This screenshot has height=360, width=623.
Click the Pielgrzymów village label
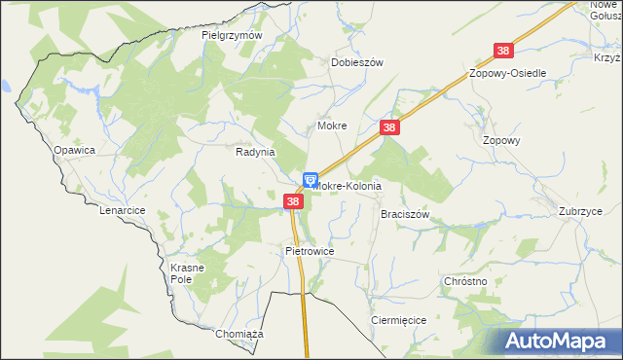(x=233, y=35)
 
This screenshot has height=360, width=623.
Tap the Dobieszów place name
(x=357, y=61)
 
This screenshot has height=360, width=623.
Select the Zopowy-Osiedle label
(x=507, y=74)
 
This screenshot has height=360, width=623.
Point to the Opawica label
(x=74, y=150)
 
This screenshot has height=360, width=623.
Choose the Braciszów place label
(x=405, y=213)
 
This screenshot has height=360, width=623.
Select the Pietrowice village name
(x=310, y=251)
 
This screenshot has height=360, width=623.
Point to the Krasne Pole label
(x=185, y=273)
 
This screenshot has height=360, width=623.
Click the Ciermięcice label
(x=398, y=319)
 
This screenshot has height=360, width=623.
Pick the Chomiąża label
(x=239, y=334)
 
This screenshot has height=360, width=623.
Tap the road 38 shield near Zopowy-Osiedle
(x=503, y=51)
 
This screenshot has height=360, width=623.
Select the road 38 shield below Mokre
(x=389, y=127)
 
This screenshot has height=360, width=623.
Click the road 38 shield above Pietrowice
(x=293, y=201)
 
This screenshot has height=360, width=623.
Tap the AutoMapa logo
(x=558, y=341)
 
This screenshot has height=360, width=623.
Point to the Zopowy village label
(x=502, y=140)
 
